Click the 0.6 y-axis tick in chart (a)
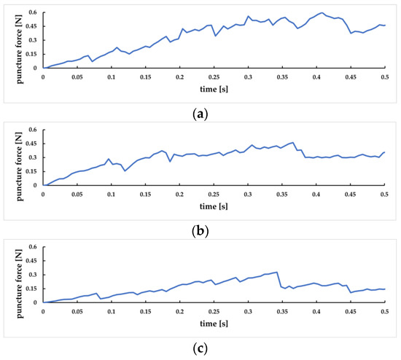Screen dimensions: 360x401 [31, 13]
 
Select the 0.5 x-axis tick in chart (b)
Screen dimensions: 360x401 [385, 193]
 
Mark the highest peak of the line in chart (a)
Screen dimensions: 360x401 [321, 12]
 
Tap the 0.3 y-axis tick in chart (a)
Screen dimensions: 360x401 [31, 41]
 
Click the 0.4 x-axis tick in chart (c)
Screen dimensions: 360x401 [316, 310]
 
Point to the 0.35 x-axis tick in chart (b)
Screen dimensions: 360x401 [282, 193]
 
